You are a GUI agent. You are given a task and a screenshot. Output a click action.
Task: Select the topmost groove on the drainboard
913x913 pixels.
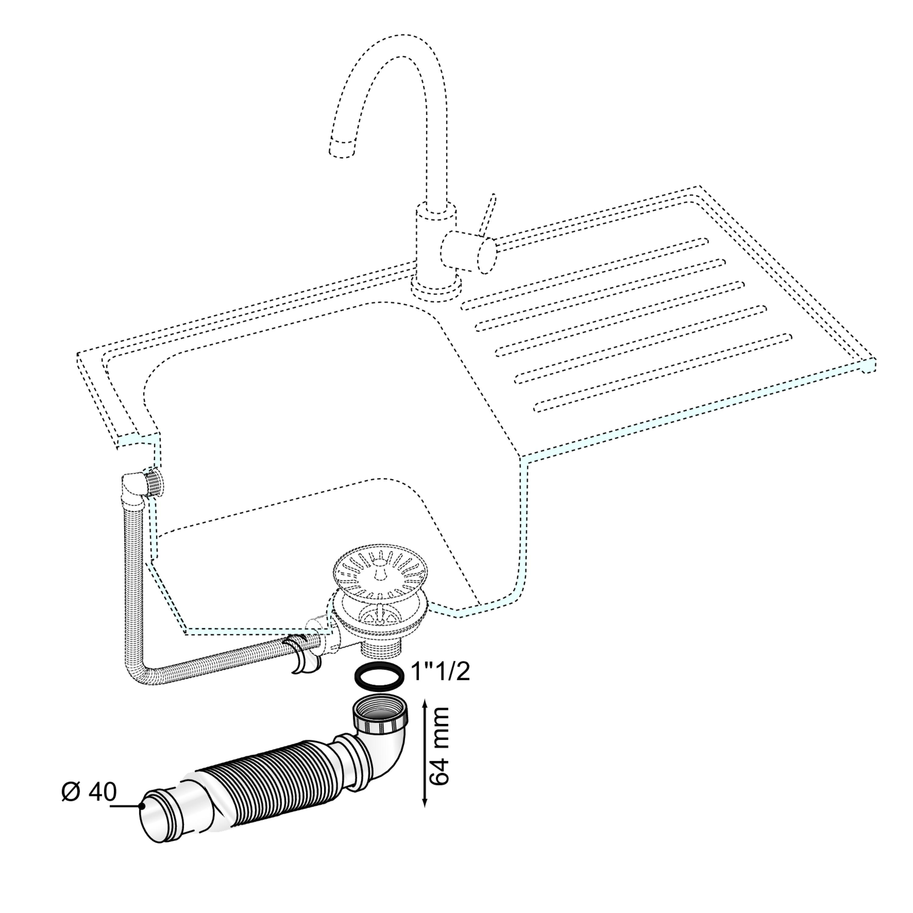[x=585, y=274]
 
